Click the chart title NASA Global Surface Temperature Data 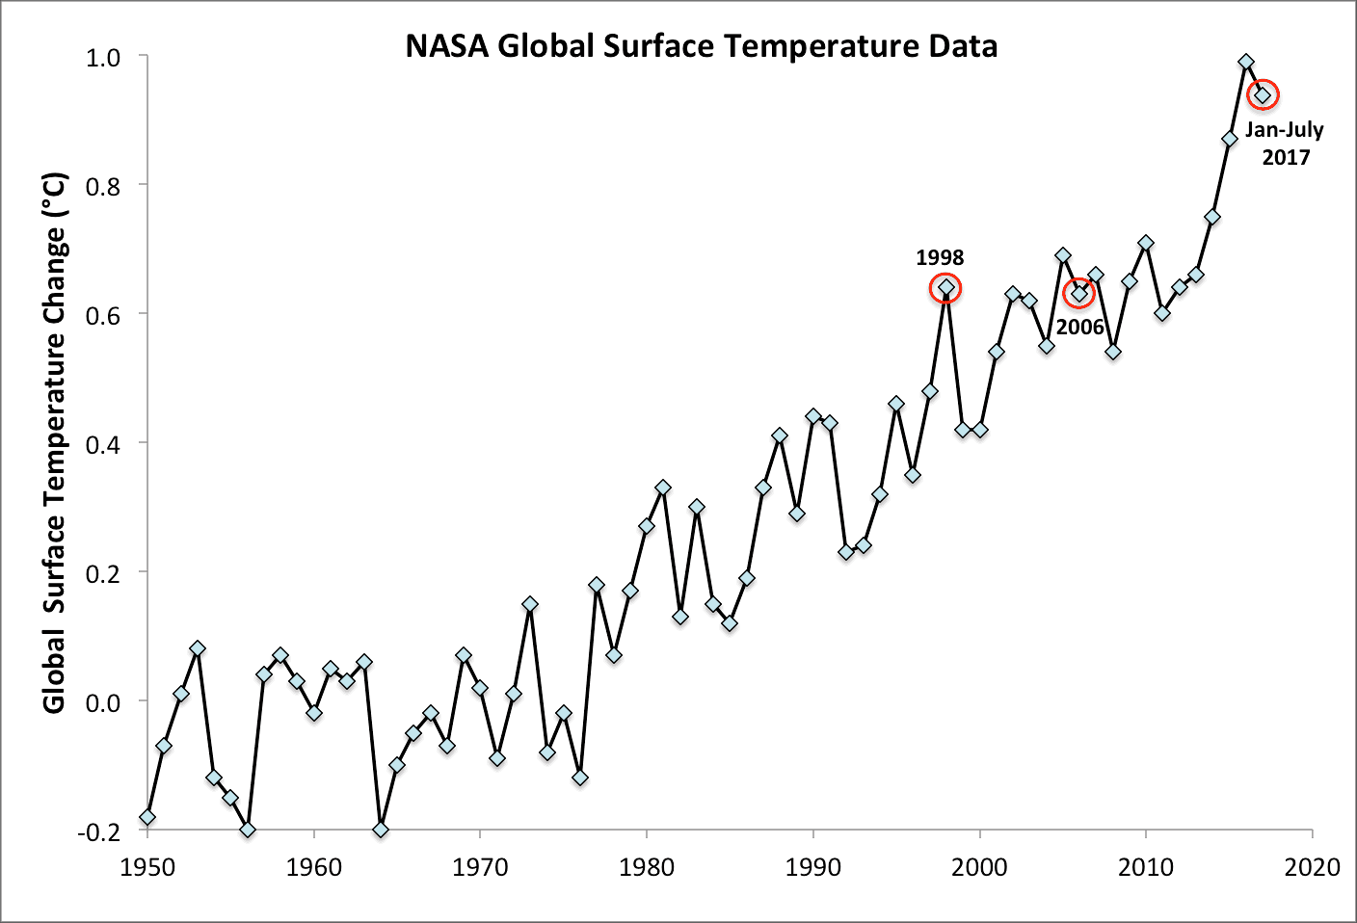click(x=701, y=46)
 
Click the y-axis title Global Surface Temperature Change click(x=55, y=443)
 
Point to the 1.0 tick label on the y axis click(x=103, y=58)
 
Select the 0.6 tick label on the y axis click(x=103, y=315)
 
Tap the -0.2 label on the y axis click(x=99, y=831)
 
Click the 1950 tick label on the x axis click(x=147, y=867)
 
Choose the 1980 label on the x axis click(x=647, y=867)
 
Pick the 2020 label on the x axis click(x=1311, y=867)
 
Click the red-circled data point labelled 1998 click(x=946, y=287)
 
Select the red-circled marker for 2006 click(x=1079, y=294)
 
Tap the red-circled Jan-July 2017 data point click(x=1263, y=94)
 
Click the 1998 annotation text click(x=940, y=257)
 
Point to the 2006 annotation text click(x=1079, y=328)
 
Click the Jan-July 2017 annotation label click(x=1285, y=144)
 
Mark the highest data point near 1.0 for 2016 click(x=1246, y=62)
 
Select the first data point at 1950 click(x=147, y=817)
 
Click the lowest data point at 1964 click(x=381, y=830)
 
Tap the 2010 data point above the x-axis click(x=1146, y=243)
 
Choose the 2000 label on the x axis click(x=980, y=867)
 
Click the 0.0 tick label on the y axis click(x=103, y=702)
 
